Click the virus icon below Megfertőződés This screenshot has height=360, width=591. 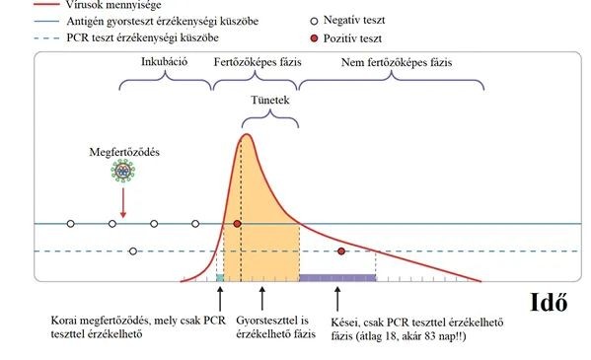click(122, 172)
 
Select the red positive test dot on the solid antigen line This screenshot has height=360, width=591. click(238, 225)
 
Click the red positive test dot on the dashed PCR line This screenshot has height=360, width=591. click(341, 252)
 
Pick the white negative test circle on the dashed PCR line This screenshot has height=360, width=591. click(133, 252)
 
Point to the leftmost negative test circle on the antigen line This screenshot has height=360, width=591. click(70, 225)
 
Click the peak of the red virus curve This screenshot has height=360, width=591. click(246, 134)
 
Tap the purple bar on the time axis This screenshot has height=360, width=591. click(337, 278)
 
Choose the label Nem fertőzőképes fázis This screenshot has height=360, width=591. click(395, 61)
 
